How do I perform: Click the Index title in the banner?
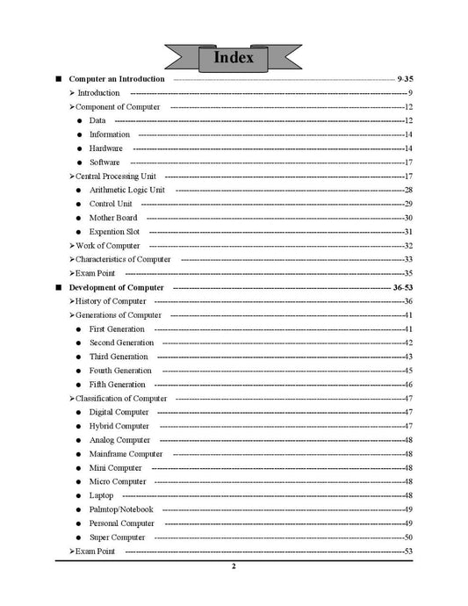pos(234,58)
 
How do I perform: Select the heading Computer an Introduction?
pos(117,79)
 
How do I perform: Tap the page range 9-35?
pos(405,79)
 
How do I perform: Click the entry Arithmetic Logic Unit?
pos(127,190)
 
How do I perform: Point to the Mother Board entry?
pos(113,218)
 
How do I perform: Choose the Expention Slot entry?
pos(114,232)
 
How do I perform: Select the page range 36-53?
pos(402,287)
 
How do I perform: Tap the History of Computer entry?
pos(111,301)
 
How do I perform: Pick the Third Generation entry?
pos(119,357)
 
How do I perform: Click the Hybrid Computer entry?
pos(119,426)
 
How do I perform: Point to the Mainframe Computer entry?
pos(126,454)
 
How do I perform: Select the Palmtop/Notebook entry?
pos(121,509)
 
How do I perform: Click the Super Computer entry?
pos(118,537)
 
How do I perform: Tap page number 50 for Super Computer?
pos(408,537)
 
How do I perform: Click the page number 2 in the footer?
pos(234,566)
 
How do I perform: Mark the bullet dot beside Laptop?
pos(79,496)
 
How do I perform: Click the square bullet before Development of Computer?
pos(58,287)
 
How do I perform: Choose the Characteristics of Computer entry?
pos(123,259)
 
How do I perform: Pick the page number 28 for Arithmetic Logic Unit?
pos(408,190)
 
